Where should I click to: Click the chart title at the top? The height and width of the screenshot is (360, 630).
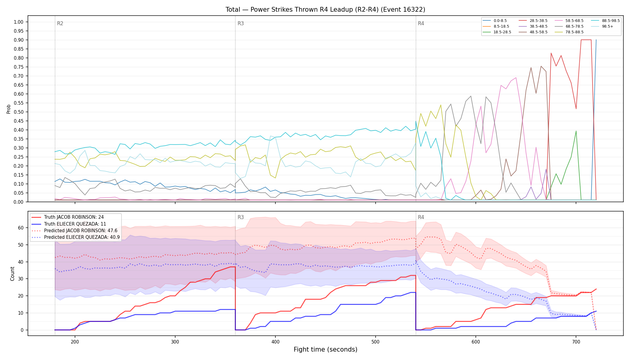point(325,10)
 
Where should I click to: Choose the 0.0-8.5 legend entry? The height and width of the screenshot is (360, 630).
point(495,21)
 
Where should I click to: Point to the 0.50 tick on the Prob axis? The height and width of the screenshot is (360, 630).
point(19,112)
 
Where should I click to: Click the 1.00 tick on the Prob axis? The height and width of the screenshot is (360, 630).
point(19,22)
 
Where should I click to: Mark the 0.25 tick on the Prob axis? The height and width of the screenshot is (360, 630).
point(19,157)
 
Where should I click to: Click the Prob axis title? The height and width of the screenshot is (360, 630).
point(8,109)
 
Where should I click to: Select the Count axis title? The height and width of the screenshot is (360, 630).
point(12,274)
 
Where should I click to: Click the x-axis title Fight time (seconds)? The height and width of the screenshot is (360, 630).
point(325,349)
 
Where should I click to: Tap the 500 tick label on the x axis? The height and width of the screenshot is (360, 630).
point(376,341)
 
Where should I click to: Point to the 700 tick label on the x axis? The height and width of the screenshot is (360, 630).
point(576,341)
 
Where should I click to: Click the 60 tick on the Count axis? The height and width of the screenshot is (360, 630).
point(21,228)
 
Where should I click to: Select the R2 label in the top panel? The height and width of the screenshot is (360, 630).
point(60,23)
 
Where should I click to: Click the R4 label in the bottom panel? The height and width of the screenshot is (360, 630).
point(421,217)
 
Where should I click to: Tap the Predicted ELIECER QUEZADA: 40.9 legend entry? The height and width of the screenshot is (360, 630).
point(76,237)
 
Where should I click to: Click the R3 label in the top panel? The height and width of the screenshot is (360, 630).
point(241,23)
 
